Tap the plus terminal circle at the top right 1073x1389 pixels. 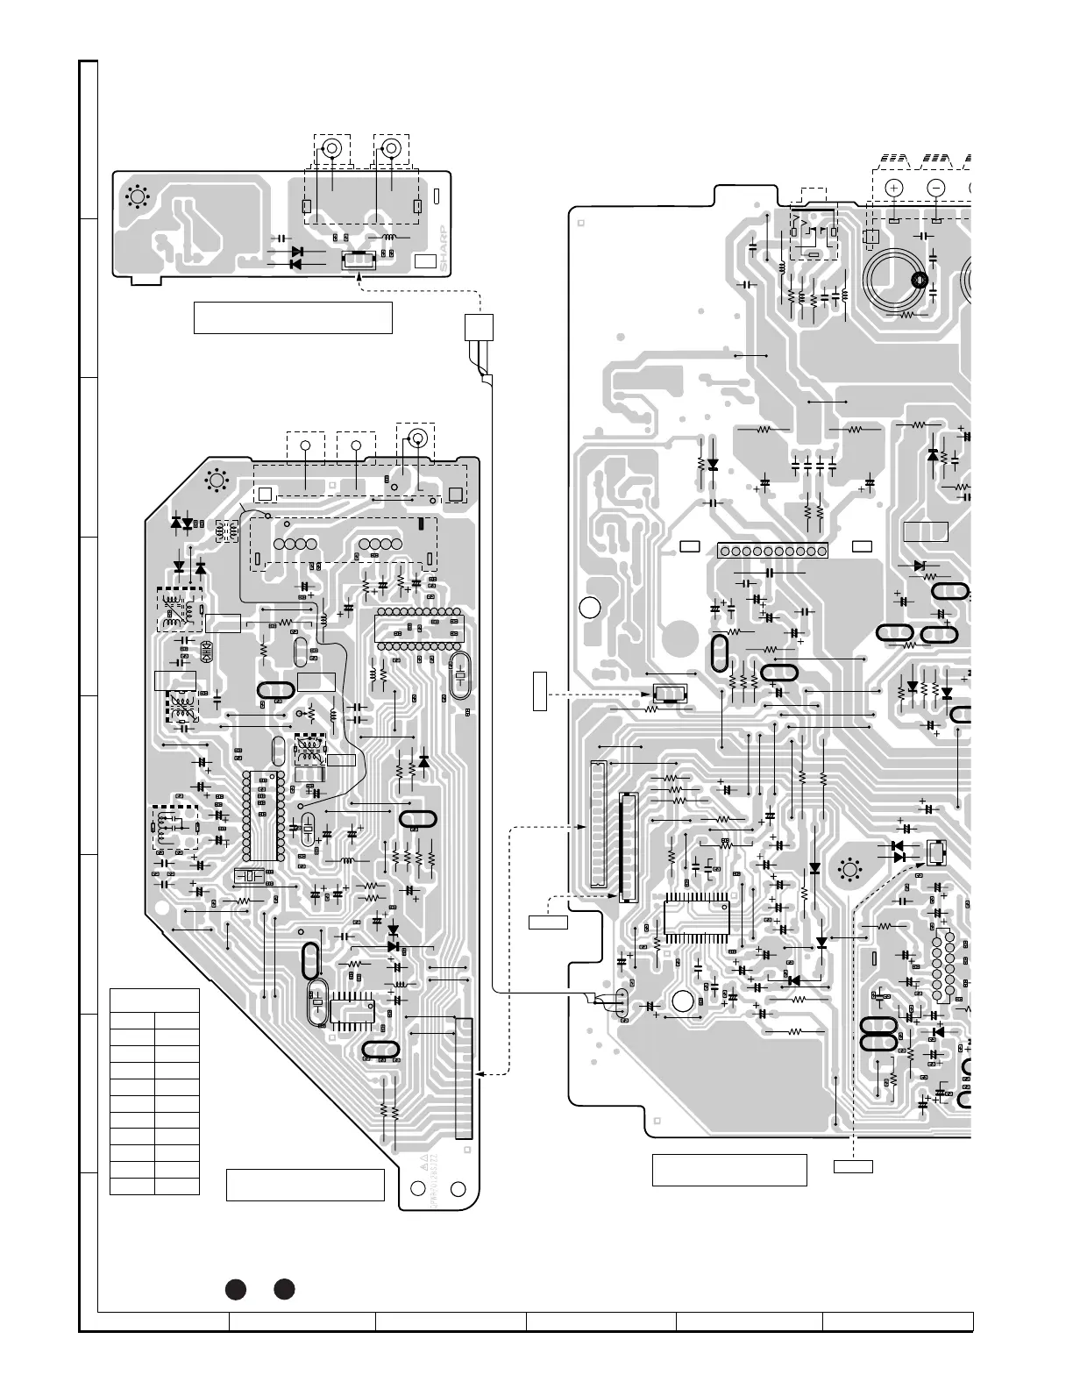point(893,188)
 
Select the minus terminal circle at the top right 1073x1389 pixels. point(935,188)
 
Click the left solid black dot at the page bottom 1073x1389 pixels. point(234,1289)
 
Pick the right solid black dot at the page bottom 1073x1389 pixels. point(283,1289)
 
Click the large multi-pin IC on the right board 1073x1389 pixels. point(697,919)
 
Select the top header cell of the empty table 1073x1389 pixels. point(154,1000)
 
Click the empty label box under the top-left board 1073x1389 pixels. point(292,318)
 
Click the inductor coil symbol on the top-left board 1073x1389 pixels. point(383,238)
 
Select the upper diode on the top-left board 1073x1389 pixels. point(296,252)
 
